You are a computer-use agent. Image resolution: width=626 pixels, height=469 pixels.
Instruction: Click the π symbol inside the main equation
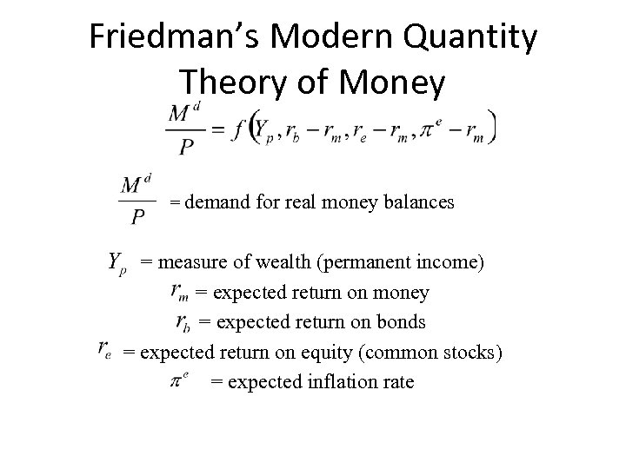point(423,131)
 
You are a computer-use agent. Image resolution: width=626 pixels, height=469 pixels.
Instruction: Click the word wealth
point(286,261)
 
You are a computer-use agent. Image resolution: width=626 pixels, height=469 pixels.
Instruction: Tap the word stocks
point(466,352)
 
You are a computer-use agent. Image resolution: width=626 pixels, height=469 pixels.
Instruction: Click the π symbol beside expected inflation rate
point(181,380)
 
